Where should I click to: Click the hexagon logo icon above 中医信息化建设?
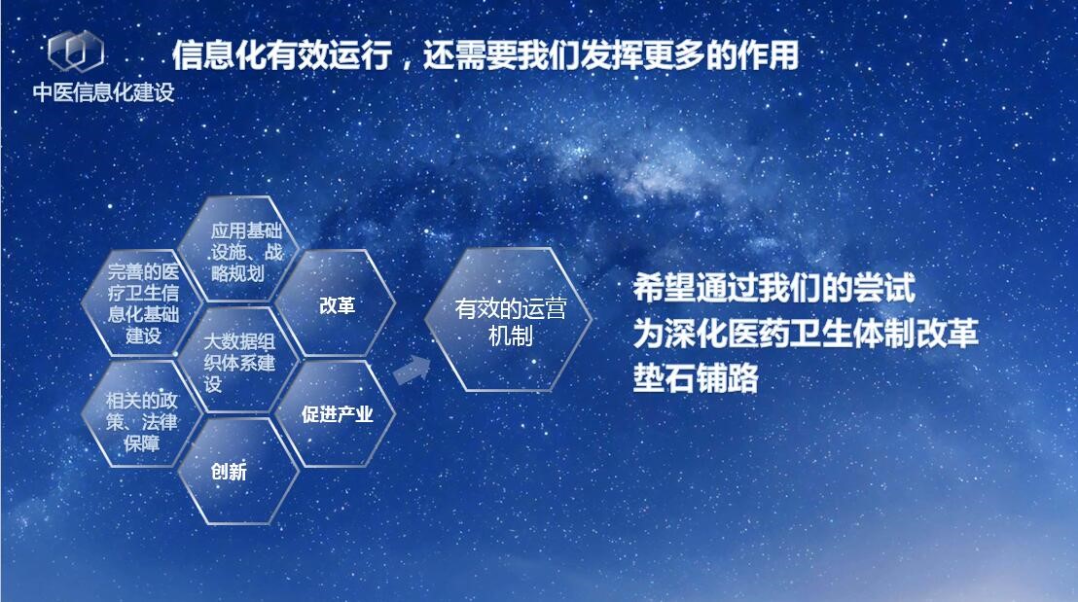point(76,51)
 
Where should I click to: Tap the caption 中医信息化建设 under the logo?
point(104,92)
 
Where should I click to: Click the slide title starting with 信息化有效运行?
point(485,55)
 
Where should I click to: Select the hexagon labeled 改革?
point(336,303)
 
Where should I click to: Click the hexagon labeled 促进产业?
point(336,413)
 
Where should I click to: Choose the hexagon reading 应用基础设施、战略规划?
point(238,250)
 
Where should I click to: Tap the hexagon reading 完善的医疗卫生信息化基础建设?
point(142,303)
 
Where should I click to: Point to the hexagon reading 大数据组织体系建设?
point(238,360)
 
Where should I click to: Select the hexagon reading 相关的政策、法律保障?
point(142,413)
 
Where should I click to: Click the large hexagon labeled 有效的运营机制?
point(509,320)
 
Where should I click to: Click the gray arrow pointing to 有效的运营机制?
point(413,372)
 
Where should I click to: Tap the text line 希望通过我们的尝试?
point(774,288)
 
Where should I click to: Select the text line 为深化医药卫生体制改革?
point(805,333)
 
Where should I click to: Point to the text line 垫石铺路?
point(696,378)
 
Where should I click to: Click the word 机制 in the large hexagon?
point(510,336)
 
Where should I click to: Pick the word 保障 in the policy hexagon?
point(142,443)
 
